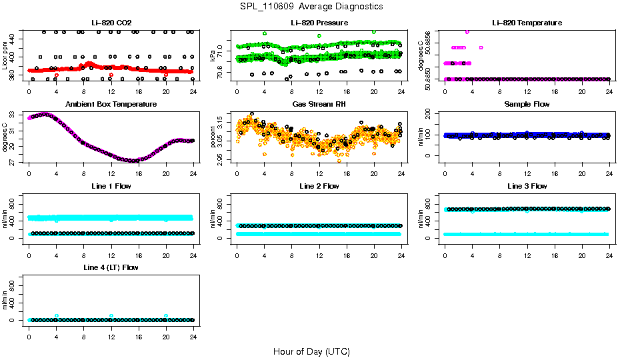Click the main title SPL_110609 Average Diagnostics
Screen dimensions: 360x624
(312, 6)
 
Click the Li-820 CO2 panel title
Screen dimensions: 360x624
(111, 23)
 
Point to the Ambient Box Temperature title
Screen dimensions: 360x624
(111, 104)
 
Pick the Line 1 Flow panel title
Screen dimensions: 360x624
(111, 186)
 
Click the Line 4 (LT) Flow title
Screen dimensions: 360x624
(111, 267)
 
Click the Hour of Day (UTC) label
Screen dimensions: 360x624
(311, 351)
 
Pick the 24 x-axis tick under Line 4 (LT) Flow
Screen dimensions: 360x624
(193, 330)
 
